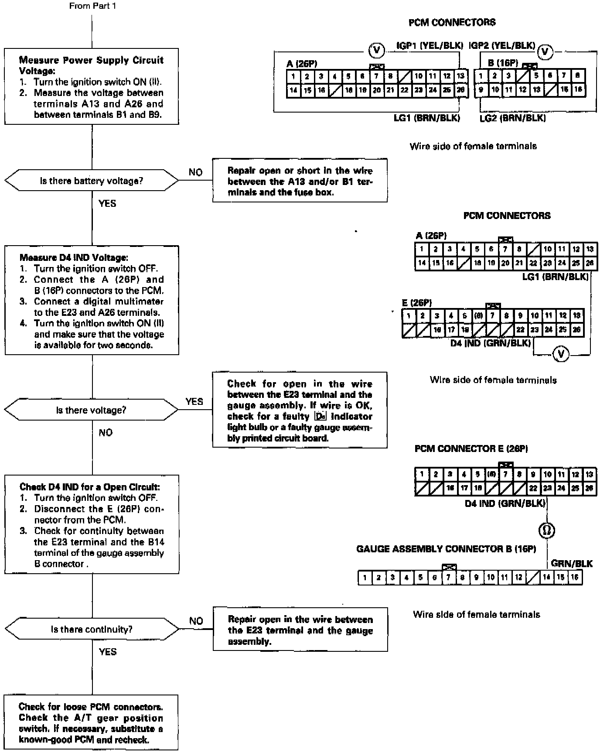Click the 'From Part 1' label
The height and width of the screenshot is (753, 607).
(x=92, y=6)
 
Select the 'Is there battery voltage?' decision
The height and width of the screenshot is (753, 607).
(x=92, y=181)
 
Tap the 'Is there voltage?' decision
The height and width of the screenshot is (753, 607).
(x=92, y=410)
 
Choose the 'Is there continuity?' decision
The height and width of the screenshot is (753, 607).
(x=92, y=629)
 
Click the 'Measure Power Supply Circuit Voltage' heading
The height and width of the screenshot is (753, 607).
(x=91, y=65)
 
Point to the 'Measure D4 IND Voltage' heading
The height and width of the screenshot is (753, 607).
(x=74, y=258)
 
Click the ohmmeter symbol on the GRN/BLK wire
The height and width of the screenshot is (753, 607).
(x=547, y=531)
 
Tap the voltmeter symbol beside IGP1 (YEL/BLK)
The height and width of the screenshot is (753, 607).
(x=377, y=51)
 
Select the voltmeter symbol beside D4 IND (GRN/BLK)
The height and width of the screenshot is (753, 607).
(x=561, y=354)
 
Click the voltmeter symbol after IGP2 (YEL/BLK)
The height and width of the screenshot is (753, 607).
(x=545, y=52)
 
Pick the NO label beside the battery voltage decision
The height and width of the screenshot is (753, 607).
(x=195, y=172)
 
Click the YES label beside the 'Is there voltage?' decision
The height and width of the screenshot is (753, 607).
(x=194, y=401)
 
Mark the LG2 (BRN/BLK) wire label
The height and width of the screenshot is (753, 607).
(x=512, y=118)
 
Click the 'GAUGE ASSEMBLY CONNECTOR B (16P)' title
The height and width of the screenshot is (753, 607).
(x=446, y=549)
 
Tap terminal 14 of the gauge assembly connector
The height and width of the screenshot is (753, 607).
(x=546, y=578)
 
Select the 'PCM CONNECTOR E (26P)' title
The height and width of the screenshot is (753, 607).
(x=471, y=448)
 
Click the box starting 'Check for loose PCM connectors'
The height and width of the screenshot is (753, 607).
(x=91, y=723)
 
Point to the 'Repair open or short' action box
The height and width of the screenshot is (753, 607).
(x=300, y=181)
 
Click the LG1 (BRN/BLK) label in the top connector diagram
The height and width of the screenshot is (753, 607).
(x=426, y=118)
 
